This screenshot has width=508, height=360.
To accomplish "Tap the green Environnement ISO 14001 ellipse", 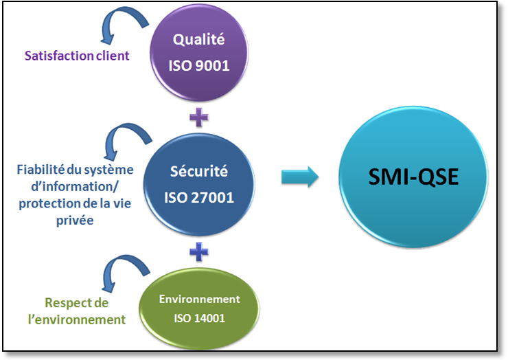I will (200, 308).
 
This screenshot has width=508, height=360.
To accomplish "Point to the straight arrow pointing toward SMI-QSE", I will (300, 177).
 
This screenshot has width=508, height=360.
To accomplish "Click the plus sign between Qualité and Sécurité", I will (199, 117).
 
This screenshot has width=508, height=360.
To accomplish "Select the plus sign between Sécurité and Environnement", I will (199, 251).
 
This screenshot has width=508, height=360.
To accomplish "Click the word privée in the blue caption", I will (77, 220).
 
